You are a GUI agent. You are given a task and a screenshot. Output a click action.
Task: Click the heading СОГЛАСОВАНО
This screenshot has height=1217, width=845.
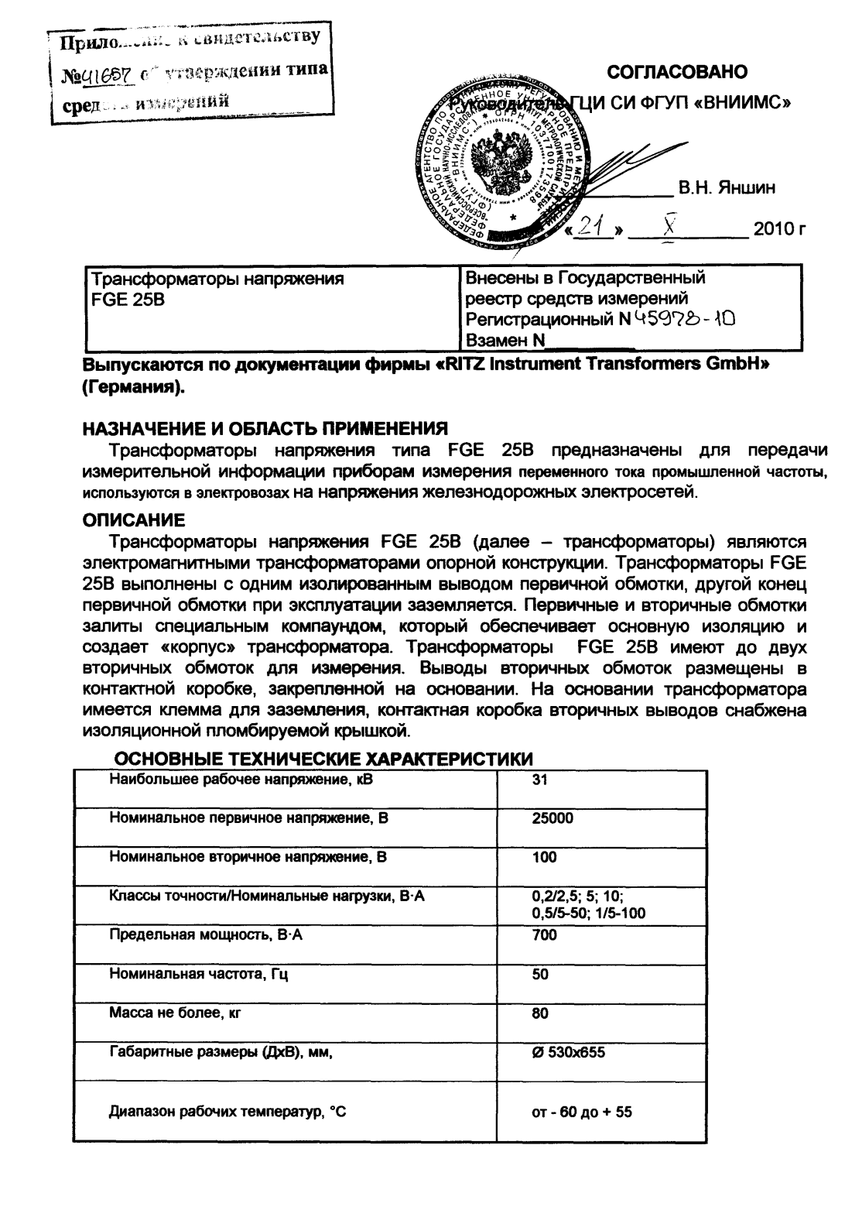[677, 72]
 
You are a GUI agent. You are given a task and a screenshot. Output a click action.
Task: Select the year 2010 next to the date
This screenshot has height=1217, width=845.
[778, 229]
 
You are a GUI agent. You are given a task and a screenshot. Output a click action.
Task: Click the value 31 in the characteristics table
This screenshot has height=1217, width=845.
[540, 780]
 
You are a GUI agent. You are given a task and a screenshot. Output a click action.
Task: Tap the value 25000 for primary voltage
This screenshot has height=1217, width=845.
[552, 818]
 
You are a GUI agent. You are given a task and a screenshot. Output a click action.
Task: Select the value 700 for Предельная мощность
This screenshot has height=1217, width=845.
[545, 935]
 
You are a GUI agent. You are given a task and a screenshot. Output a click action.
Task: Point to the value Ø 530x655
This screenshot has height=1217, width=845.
[568, 1052]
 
